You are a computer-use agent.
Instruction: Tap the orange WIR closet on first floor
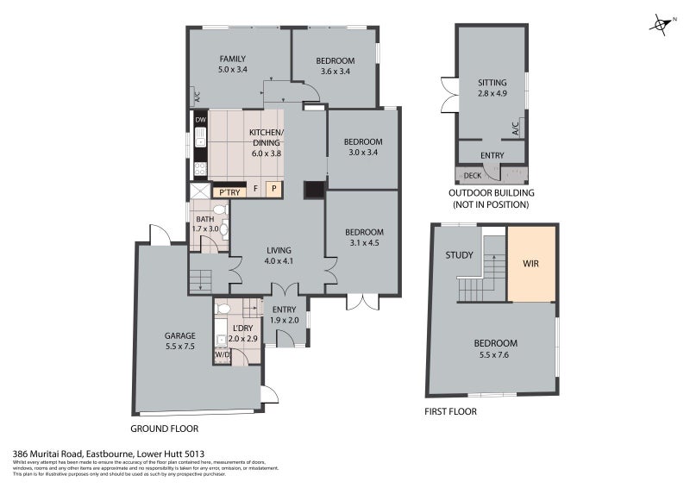531,264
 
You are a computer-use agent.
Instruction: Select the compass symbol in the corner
661,25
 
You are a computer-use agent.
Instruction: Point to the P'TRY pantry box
229,191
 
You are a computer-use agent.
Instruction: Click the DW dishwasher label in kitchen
200,119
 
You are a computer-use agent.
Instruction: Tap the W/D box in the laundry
222,354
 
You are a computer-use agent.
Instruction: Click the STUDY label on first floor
458,255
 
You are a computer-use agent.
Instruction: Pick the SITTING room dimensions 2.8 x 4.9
492,94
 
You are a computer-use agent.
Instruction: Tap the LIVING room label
279,250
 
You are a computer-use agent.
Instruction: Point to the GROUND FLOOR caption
164,429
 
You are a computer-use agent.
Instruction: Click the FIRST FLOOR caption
450,411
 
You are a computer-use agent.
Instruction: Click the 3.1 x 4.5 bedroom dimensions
364,244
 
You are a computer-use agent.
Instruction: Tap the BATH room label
204,219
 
